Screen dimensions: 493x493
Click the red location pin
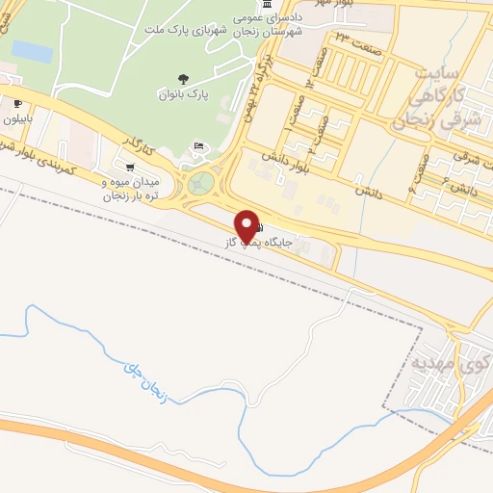250,225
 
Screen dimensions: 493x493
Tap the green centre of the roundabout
199,182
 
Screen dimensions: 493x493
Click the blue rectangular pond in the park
32,51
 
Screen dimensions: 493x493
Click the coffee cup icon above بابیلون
17,102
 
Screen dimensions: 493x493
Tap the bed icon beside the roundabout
198,146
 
